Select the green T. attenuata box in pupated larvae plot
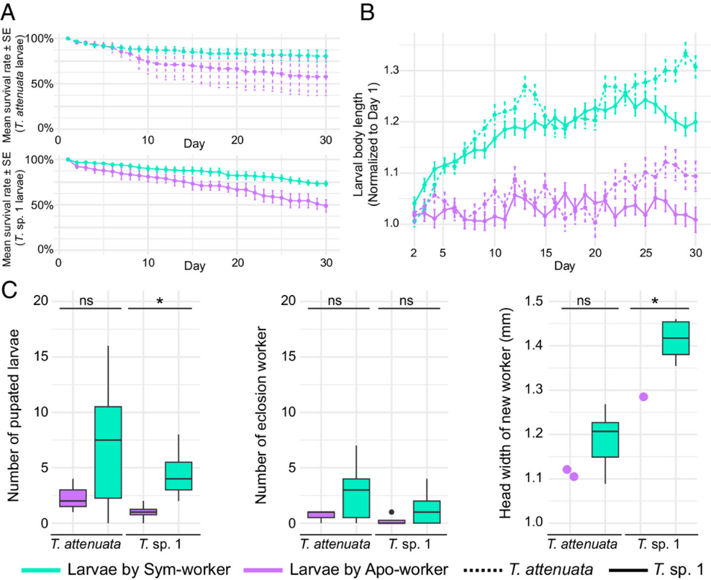(x=107, y=452)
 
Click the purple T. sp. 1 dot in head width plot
(x=644, y=397)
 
